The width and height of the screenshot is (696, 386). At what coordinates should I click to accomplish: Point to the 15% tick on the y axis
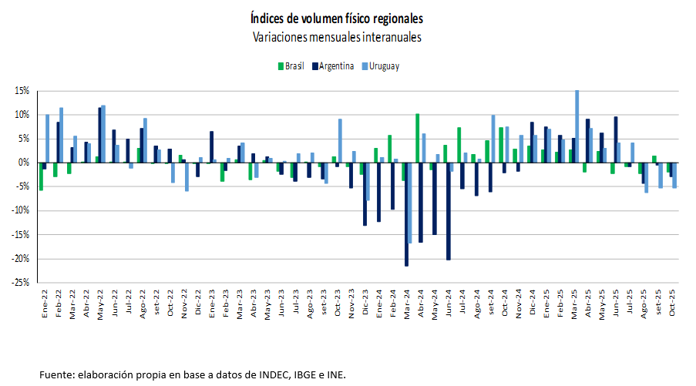[22, 91]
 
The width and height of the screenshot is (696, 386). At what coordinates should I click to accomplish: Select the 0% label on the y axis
[24, 163]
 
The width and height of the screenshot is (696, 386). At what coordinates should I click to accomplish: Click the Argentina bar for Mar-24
[407, 214]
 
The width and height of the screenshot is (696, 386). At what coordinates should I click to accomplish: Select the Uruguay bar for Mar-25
[577, 126]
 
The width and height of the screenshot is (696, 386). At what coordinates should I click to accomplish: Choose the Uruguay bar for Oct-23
[340, 140]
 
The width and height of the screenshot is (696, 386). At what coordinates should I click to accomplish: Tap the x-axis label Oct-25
[672, 303]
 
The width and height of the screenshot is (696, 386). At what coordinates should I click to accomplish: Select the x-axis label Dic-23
[365, 303]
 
